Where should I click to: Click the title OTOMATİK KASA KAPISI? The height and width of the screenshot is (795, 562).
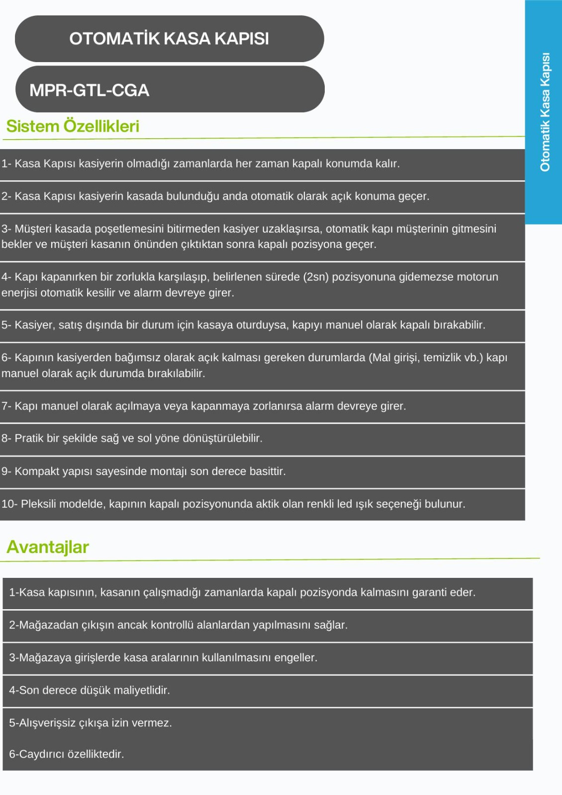[169, 39]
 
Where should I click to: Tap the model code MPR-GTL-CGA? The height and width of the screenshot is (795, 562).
[90, 90]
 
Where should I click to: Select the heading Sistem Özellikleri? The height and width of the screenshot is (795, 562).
[73, 126]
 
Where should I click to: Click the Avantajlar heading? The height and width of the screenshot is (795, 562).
[48, 547]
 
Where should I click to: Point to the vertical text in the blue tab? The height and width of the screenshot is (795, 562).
[545, 112]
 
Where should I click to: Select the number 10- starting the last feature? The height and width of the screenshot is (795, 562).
[9, 504]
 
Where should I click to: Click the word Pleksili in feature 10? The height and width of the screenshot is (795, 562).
[39, 504]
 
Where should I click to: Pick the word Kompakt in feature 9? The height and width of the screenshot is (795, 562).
[37, 471]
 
